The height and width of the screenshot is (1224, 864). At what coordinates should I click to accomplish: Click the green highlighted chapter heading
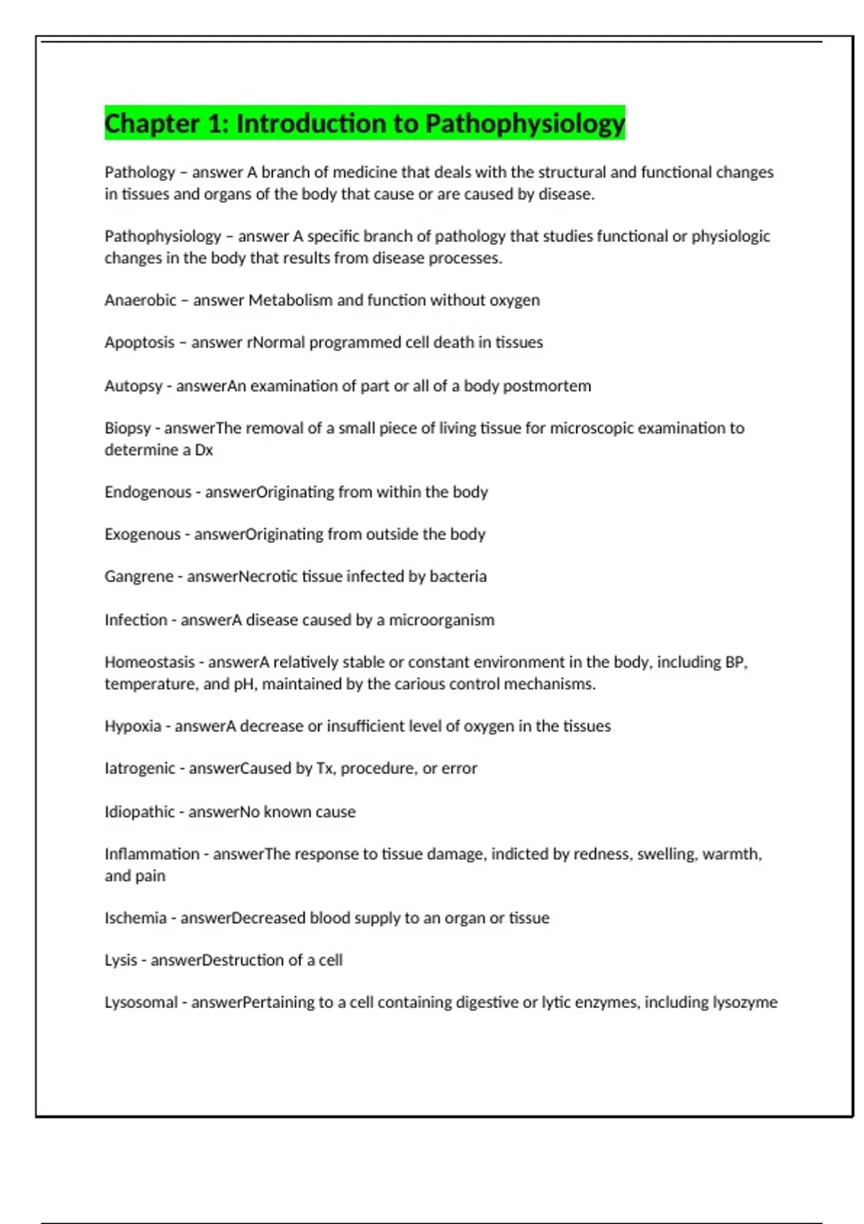[364, 123]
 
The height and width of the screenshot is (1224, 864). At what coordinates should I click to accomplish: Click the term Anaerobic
[140, 300]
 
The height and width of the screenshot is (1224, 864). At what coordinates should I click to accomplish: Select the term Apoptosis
[140, 343]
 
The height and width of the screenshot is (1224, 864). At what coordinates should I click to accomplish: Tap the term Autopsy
[133, 386]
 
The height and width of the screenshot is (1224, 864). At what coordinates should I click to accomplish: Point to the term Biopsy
[127, 428]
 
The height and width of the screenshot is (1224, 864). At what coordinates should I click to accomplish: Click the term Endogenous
[148, 492]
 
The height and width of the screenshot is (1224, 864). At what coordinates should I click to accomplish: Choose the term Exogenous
[143, 534]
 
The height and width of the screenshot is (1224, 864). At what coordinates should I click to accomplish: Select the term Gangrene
[139, 577]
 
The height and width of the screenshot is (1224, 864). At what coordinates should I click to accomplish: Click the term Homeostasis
[150, 662]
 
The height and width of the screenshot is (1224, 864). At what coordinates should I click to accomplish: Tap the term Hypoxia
[132, 726]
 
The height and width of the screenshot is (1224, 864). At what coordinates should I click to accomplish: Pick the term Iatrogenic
[140, 768]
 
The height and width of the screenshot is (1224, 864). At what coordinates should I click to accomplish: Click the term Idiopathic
[140, 812]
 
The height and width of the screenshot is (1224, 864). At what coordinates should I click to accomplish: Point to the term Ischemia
[135, 918]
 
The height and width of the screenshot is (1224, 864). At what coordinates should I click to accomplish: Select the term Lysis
[120, 960]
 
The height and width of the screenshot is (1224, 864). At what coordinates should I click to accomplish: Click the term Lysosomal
[141, 1002]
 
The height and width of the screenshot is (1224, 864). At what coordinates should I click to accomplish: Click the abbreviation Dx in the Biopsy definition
[204, 450]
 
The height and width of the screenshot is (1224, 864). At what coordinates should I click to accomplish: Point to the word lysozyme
[744, 1002]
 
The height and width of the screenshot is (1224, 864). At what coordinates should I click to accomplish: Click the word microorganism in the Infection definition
[441, 620]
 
